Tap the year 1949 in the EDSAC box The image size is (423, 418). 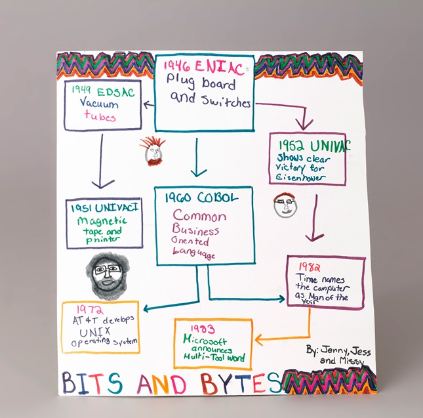click(81, 90)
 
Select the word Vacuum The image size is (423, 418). click(99, 103)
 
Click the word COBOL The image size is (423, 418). click(218, 198)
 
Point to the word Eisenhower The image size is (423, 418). click(300, 178)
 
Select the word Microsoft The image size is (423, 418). click(205, 339)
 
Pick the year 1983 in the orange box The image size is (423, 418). click(203, 329)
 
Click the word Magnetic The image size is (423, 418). click(102, 220)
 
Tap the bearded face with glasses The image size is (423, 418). click(107, 275)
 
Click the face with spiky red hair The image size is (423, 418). click(153, 151)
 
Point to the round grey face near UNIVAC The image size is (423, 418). click(285, 205)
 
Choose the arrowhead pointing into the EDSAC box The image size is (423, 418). click(148, 104)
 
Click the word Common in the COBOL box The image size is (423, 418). click(199, 216)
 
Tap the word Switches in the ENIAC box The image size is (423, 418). click(226, 102)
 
